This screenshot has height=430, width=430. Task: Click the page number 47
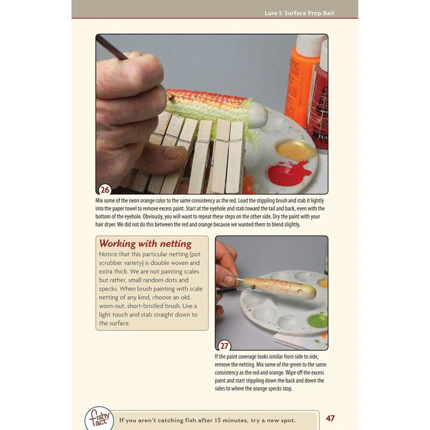330,418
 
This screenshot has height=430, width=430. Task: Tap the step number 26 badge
105,189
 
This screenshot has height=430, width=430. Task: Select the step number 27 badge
225,346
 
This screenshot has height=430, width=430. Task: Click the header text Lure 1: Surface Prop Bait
299,13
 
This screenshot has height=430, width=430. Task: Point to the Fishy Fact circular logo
99,418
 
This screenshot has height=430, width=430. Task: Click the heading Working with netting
145,244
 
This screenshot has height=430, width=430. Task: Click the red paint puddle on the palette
289,172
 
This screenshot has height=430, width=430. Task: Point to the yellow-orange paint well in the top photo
292,150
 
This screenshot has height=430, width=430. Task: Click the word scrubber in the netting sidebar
110,263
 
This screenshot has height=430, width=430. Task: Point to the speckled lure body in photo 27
279,288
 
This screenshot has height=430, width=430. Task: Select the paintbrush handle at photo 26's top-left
112,47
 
